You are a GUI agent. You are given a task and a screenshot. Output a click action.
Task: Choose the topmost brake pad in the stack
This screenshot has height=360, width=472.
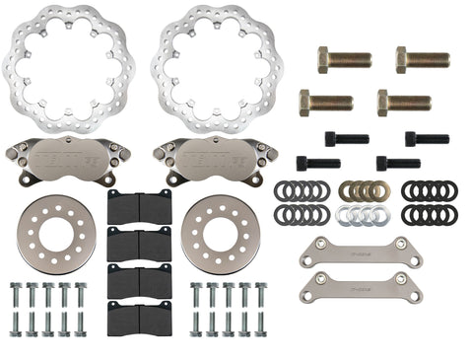point(138,207)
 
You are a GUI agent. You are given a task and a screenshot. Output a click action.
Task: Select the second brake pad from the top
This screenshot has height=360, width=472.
point(138,243)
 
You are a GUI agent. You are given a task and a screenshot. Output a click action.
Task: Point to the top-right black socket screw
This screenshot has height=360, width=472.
point(426,138)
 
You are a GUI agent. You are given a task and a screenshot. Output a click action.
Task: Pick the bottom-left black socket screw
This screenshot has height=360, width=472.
point(317,163)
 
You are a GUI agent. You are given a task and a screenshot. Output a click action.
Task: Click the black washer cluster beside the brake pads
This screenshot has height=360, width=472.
point(303,202)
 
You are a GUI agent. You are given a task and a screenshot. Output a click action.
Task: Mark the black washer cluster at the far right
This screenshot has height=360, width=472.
point(429,202)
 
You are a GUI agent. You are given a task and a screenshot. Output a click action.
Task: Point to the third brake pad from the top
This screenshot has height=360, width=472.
point(138,280)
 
